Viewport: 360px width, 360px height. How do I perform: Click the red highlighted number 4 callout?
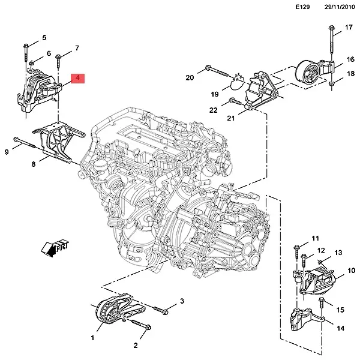pyautogui.click(x=79, y=78)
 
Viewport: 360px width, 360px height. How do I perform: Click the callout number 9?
pyautogui.click(x=7, y=152)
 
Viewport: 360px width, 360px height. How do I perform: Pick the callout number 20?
pyautogui.click(x=190, y=77)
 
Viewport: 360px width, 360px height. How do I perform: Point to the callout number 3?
pyautogui.click(x=181, y=301)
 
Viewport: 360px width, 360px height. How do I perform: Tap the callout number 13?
pyautogui.click(x=338, y=253)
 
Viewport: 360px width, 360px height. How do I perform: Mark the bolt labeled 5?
pyautogui.click(x=26, y=54)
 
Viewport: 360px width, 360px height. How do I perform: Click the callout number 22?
pyautogui.click(x=214, y=109)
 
